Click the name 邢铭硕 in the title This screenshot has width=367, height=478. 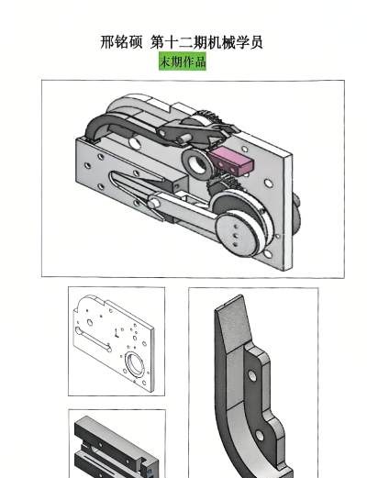[121, 42]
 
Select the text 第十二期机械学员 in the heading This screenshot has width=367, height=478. [206, 42]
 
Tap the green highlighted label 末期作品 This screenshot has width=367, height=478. [183, 61]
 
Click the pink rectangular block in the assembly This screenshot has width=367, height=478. [232, 161]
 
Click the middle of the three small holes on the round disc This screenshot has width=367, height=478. [236, 235]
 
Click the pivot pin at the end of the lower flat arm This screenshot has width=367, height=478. [153, 203]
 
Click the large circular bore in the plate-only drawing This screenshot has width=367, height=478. [134, 364]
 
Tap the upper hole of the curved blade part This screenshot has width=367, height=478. [252, 375]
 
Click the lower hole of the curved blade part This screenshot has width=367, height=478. [260, 436]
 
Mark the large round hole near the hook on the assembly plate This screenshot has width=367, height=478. [134, 142]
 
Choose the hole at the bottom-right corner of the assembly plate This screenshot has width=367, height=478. [268, 254]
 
